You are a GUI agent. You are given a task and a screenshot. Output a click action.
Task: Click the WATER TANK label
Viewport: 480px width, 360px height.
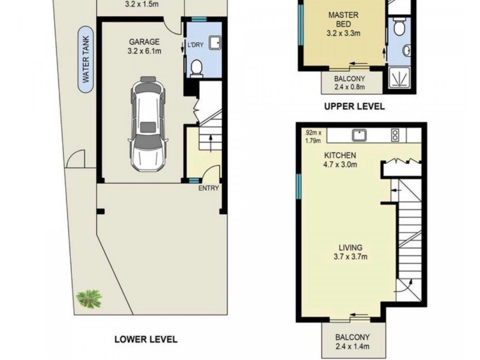click(86, 59)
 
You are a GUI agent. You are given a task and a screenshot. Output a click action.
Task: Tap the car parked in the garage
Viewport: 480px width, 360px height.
click(148, 124)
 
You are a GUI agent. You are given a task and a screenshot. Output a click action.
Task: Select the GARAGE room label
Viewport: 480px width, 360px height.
click(144, 41)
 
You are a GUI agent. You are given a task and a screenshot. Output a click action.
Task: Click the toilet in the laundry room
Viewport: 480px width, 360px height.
click(196, 68)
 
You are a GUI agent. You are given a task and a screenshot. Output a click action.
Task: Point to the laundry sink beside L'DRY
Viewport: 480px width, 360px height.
click(215, 43)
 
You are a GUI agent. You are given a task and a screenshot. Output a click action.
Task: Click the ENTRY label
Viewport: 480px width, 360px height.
click(208, 188)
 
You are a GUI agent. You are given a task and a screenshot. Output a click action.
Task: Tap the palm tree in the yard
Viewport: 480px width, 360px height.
click(89, 299)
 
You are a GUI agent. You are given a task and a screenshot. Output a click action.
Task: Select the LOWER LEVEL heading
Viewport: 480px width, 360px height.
click(146, 339)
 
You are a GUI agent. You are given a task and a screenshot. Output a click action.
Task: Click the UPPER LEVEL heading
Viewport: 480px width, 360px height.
click(354, 107)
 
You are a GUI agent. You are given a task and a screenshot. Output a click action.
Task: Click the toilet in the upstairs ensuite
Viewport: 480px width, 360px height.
click(398, 27)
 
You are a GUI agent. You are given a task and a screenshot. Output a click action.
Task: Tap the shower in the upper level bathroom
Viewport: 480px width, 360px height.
click(399, 77)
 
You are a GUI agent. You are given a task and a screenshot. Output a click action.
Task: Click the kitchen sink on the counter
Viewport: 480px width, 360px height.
click(359, 135)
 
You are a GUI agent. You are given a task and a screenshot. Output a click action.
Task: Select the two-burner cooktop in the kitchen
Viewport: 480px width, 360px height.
click(395, 136)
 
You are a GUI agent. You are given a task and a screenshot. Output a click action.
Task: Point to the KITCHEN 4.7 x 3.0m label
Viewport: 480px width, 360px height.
click(340, 160)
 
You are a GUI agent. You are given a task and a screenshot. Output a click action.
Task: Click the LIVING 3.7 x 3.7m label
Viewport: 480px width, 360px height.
click(350, 252)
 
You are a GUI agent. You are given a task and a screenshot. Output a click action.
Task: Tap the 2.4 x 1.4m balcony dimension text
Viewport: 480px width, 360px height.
click(352, 347)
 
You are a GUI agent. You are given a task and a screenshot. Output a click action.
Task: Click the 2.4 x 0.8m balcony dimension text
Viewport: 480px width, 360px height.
click(350, 87)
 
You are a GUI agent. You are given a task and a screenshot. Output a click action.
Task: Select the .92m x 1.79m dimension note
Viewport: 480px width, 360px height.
click(313, 137)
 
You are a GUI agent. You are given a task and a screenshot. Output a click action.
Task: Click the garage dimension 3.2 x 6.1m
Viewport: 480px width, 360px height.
click(144, 51)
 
